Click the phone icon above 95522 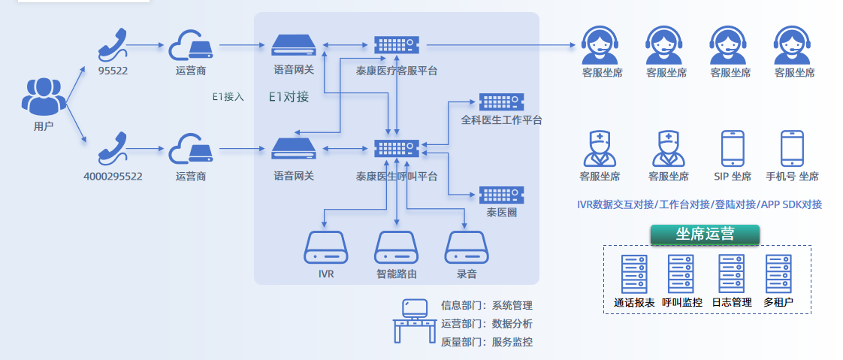(x=113, y=46)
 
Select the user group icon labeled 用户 (x=44, y=96)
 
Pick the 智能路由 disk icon (x=397, y=247)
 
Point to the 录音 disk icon (x=467, y=247)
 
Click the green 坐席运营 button (x=705, y=233)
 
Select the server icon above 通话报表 (x=633, y=274)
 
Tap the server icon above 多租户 (x=778, y=274)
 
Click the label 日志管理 (x=731, y=303)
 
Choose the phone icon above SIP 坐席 (x=733, y=148)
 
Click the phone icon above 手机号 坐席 (x=792, y=148)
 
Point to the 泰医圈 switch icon (x=501, y=195)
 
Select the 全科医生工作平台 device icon (x=501, y=102)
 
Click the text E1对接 (x=289, y=97)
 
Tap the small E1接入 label (x=228, y=97)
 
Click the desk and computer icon (x=415, y=321)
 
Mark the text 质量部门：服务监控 (x=487, y=342)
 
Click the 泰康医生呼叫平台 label (x=397, y=177)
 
